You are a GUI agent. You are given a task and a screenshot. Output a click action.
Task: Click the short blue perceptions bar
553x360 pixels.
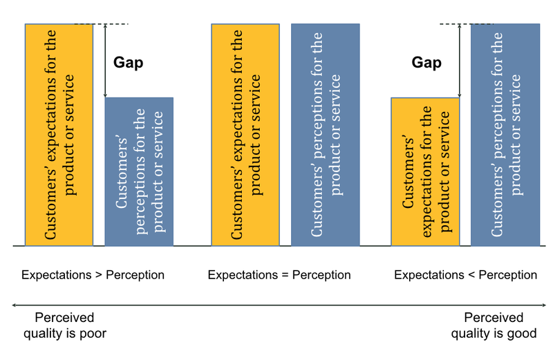click(x=139, y=171)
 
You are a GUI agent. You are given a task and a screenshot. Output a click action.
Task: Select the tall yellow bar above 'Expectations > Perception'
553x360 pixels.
click(x=59, y=135)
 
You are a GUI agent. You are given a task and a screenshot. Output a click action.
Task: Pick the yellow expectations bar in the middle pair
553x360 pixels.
click(x=245, y=135)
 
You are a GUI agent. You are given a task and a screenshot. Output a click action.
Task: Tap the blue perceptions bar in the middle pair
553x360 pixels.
click(x=325, y=135)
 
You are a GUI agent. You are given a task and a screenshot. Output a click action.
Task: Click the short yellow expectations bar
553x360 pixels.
click(x=425, y=172)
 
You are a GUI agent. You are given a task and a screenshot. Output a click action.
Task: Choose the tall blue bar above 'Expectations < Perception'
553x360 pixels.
click(x=505, y=135)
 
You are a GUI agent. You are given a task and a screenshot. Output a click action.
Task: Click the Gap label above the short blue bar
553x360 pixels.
click(x=128, y=63)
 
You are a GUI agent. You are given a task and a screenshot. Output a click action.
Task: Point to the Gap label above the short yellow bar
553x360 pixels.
click(x=427, y=63)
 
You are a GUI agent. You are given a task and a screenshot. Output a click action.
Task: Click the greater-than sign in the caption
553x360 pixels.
click(x=98, y=275)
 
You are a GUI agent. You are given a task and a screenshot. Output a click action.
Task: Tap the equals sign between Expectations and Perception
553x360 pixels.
click(x=285, y=275)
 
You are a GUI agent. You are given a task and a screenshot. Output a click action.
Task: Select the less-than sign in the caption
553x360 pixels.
click(x=471, y=275)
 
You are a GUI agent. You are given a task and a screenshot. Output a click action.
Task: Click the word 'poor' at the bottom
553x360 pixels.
click(x=93, y=334)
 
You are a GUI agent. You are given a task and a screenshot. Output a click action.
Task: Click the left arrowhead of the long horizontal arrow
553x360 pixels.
click(x=14, y=305)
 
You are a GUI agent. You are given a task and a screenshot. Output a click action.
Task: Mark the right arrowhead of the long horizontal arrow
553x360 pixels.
click(x=544, y=305)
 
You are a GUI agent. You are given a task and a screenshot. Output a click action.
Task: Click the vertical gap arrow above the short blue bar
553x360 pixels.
click(x=105, y=61)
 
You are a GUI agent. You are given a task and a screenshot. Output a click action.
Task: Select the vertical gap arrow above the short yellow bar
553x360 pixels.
click(x=459, y=61)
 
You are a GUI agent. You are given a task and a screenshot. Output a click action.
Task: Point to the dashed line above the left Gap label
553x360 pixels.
click(x=102, y=23)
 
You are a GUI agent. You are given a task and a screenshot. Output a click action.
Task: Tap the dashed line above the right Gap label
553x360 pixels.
click(x=466, y=23)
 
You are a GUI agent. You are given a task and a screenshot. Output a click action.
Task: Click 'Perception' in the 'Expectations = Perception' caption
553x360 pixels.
click(x=321, y=275)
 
